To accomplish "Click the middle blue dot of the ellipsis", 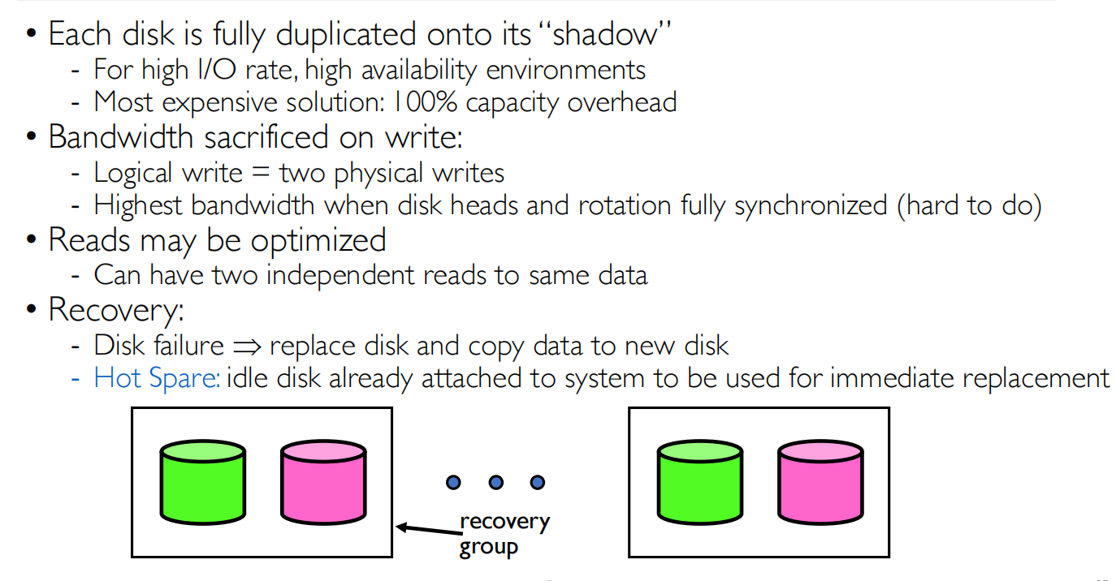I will (x=495, y=483).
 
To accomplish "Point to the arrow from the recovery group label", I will (x=427, y=531).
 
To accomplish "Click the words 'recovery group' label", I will (x=504, y=534).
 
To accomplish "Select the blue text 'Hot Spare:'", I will (x=157, y=378).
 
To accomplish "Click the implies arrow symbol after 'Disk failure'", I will (x=245, y=346).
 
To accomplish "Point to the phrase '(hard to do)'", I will (x=970, y=205).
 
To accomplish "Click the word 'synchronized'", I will (x=810, y=205).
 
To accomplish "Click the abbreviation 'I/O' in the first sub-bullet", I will (x=213, y=70).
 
